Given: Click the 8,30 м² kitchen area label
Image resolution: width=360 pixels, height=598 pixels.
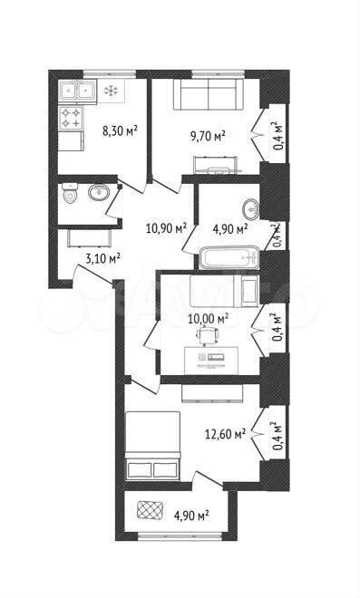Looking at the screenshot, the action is click(120, 131).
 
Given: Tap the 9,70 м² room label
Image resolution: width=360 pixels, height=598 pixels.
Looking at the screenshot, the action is click(208, 136).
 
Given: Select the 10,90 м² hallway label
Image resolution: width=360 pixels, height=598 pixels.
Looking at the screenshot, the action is click(166, 227).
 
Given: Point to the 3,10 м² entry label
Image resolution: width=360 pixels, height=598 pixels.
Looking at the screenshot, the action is click(103, 259).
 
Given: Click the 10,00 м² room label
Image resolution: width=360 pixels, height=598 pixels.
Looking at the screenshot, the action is click(209, 318).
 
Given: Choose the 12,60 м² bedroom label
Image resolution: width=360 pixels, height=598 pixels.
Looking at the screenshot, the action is click(225, 434).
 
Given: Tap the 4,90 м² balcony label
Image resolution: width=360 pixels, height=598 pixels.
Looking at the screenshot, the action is click(191, 516).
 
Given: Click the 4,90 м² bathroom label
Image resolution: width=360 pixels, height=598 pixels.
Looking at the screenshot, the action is click(230, 229).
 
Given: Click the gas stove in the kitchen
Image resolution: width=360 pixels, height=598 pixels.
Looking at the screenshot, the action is click(72, 118).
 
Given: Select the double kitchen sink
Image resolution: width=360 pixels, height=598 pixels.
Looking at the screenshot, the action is click(78, 92).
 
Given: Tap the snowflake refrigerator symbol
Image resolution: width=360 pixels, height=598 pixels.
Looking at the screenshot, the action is click(112, 91).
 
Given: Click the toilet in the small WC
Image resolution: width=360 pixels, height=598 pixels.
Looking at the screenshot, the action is click(70, 193).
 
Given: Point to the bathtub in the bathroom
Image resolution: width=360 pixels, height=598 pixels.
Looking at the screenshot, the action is click(229, 258).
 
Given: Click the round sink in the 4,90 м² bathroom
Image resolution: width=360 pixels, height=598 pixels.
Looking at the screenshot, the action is click(251, 208).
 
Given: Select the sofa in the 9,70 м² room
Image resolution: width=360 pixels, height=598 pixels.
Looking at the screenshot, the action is click(209, 94).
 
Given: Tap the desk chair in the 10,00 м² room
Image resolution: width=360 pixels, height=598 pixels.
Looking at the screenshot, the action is click(207, 336).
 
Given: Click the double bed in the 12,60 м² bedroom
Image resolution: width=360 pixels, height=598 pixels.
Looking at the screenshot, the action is click(152, 445).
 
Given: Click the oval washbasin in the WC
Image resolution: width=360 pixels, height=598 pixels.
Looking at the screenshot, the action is click(99, 193).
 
